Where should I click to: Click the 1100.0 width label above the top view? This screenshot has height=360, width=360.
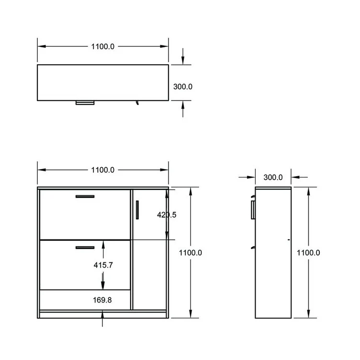point(102,46)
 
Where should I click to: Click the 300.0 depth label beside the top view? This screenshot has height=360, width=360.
point(183,87)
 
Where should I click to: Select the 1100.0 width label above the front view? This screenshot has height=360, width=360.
point(102,170)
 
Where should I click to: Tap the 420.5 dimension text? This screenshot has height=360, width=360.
point(167,214)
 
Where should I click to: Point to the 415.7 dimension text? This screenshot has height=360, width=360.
point(103,265)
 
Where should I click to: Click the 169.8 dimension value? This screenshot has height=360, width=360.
point(102,300)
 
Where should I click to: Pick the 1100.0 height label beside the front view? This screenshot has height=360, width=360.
point(191,253)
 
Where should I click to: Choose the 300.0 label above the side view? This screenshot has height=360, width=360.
point(273,177)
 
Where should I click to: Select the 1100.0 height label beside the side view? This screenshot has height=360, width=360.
point(308,253)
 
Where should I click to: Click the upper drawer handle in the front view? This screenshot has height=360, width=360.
point(85,196)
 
